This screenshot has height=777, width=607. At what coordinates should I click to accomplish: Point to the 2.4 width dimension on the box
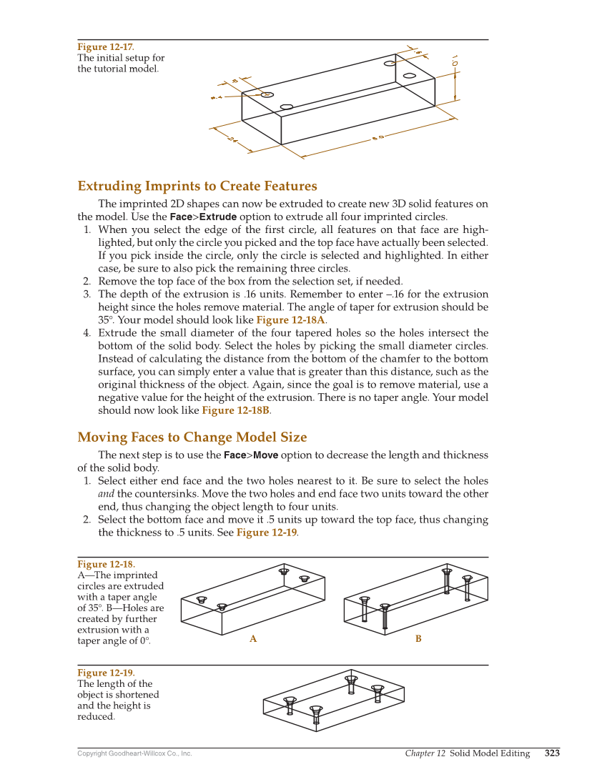[232, 139]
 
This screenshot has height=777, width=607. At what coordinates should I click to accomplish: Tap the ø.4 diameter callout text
[216, 96]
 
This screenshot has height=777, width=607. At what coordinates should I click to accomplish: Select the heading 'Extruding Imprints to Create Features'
[197, 187]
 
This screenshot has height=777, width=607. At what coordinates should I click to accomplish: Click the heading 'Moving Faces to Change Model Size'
[192, 437]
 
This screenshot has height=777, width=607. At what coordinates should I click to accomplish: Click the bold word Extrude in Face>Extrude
[217, 217]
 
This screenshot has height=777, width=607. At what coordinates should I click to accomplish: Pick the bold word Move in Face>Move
[265, 455]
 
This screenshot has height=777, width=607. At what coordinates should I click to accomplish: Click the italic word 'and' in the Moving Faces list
[106, 494]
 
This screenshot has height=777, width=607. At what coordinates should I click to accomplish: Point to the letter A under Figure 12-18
[253, 639]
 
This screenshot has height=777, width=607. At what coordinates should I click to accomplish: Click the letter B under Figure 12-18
[418, 639]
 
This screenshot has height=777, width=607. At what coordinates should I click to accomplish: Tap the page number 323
[552, 753]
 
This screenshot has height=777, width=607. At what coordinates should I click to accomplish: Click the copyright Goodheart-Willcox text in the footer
[134, 753]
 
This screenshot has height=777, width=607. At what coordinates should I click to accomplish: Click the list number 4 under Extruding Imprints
[86, 333]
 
